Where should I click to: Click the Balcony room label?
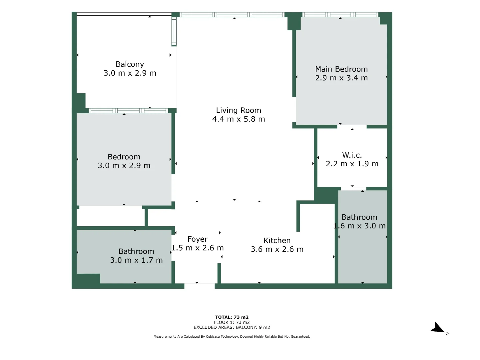click(130, 64)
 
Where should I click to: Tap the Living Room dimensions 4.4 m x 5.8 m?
click(239, 119)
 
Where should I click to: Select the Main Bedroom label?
click(341, 69)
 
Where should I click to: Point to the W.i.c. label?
click(352, 155)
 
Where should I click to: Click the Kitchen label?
click(277, 241)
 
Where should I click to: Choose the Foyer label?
click(198, 239)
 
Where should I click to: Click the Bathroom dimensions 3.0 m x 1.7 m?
click(136, 260)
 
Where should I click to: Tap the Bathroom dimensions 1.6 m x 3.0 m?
click(359, 226)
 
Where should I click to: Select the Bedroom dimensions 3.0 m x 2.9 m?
click(124, 166)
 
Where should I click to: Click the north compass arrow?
click(438, 328)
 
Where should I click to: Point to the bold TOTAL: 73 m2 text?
click(232, 317)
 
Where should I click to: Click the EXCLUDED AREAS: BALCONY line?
click(232, 327)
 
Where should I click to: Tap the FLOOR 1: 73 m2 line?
click(232, 322)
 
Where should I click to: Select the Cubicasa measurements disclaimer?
click(232, 337)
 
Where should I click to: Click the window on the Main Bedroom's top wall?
click(340, 15)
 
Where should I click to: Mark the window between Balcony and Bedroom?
click(129, 111)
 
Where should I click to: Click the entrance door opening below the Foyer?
click(199, 286)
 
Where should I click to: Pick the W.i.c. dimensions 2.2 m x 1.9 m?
click(352, 164)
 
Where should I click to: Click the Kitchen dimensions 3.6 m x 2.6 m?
click(277, 249)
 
